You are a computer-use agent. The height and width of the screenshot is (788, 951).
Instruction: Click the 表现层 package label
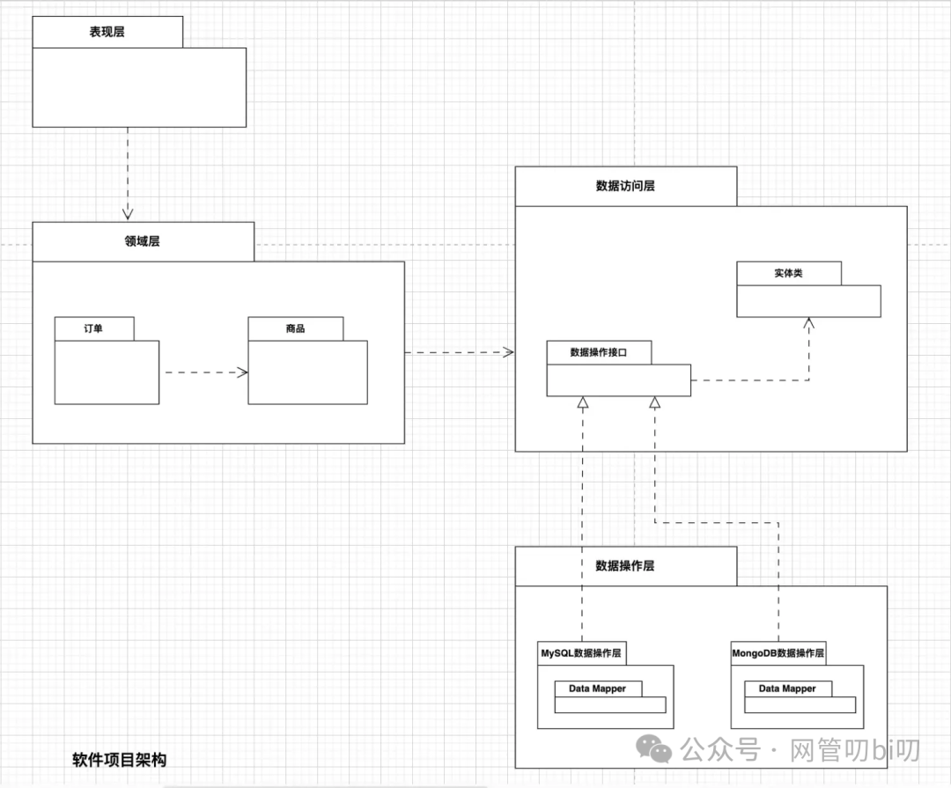tap(107, 33)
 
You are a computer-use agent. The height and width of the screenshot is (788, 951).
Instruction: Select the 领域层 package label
tap(143, 241)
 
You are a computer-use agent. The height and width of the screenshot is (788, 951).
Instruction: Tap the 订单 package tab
tap(93, 328)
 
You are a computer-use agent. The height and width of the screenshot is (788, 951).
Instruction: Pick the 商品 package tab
tap(296, 328)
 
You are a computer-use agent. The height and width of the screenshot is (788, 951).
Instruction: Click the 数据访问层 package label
tap(625, 186)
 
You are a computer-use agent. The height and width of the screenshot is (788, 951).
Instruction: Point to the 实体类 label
tap(788, 273)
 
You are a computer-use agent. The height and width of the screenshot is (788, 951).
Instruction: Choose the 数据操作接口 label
tap(599, 352)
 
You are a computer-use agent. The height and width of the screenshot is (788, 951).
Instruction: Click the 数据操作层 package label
tap(625, 565)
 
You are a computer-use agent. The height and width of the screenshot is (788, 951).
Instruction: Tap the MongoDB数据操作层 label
tap(778, 653)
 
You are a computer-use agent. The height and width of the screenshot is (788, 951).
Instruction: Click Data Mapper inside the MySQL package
tap(597, 689)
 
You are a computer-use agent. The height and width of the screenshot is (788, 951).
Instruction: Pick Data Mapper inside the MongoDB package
tap(787, 689)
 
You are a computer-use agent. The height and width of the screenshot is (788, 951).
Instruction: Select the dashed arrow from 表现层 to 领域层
tap(128, 172)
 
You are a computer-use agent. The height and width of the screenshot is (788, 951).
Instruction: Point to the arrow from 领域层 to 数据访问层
tap(458, 352)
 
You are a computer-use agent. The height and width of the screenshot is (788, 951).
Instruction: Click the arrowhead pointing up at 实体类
tap(808, 324)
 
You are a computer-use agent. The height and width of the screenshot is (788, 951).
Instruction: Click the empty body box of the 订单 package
tap(107, 372)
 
